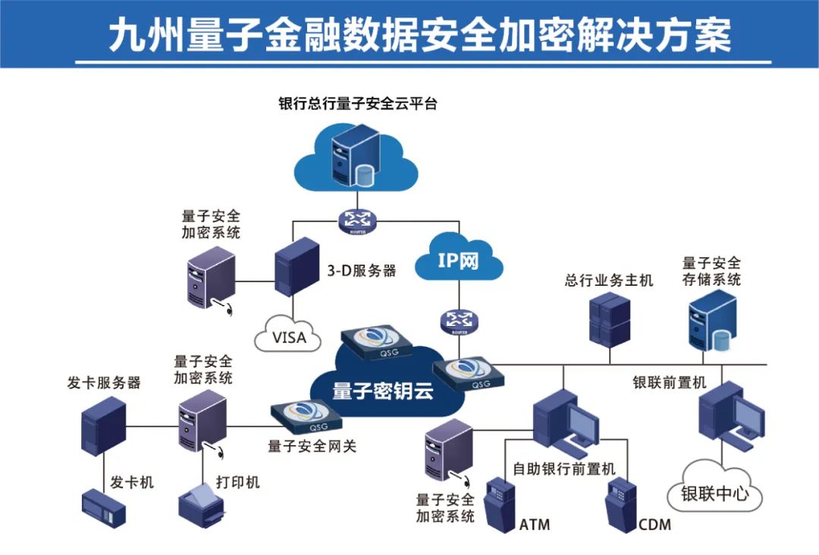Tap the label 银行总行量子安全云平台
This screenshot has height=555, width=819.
point(358,105)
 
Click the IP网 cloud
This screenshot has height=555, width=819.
point(459,261)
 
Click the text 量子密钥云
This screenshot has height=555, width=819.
point(382,391)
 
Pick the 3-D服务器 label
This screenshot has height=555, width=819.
point(362,271)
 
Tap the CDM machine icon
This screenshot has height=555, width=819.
point(620,503)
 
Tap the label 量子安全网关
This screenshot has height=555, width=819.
point(312,446)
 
